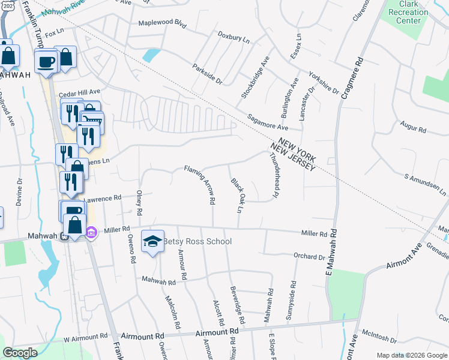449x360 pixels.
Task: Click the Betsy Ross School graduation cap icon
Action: click(x=153, y=241)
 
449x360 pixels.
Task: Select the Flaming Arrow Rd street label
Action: click(x=199, y=185)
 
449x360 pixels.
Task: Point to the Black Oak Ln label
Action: click(x=237, y=196)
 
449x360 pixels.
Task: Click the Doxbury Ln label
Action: click(x=234, y=39)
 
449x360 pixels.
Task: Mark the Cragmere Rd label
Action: click(x=352, y=78)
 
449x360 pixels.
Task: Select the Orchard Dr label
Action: click(x=309, y=256)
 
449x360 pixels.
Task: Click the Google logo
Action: click(x=20, y=353)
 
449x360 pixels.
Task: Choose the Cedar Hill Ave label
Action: click(x=79, y=94)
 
